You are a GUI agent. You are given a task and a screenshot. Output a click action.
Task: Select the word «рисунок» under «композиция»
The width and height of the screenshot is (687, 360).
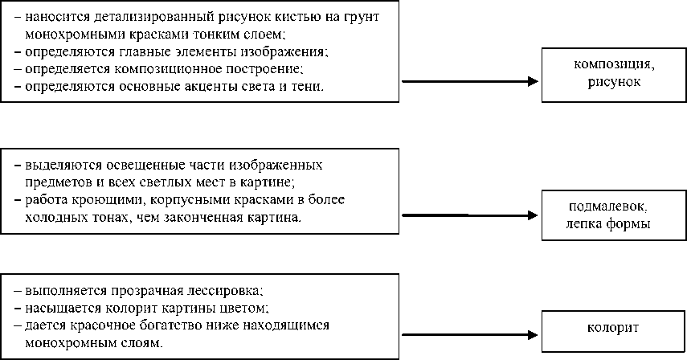(x=613, y=82)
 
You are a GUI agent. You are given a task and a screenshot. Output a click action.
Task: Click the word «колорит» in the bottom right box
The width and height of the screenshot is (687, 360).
(x=613, y=329)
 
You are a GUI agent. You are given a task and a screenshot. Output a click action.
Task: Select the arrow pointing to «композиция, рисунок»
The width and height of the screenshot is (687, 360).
(x=468, y=81)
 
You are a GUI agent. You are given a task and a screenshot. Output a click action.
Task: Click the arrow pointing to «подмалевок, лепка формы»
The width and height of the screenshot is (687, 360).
(x=468, y=215)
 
